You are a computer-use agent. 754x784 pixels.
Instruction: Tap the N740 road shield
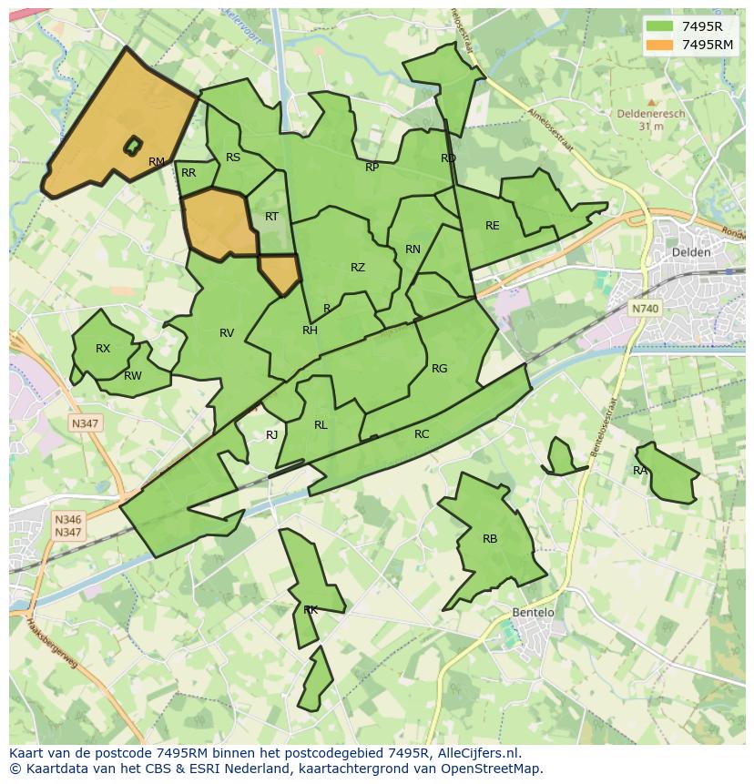(x=645, y=309)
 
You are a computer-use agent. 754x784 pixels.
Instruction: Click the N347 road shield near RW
(x=86, y=423)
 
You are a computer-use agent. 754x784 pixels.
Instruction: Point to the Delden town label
(x=690, y=252)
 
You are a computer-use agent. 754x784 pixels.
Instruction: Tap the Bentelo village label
(x=533, y=613)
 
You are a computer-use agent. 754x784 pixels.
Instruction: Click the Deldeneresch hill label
(x=650, y=115)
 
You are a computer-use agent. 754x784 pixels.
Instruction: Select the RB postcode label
(x=490, y=539)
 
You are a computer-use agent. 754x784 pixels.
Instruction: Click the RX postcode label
(x=103, y=349)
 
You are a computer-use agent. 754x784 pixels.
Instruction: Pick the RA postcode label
(x=640, y=471)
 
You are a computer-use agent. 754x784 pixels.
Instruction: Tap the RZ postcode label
(x=358, y=268)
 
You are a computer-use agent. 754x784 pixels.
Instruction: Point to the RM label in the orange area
(x=157, y=162)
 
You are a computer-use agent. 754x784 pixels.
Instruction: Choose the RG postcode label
(x=440, y=369)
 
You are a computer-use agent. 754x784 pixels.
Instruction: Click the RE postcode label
(x=493, y=226)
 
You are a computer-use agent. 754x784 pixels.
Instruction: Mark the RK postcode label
(x=311, y=610)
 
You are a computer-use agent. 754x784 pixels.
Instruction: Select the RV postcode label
(x=227, y=333)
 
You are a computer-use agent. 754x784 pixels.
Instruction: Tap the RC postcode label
(x=422, y=434)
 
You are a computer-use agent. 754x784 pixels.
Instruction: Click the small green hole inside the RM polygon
(x=134, y=145)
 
